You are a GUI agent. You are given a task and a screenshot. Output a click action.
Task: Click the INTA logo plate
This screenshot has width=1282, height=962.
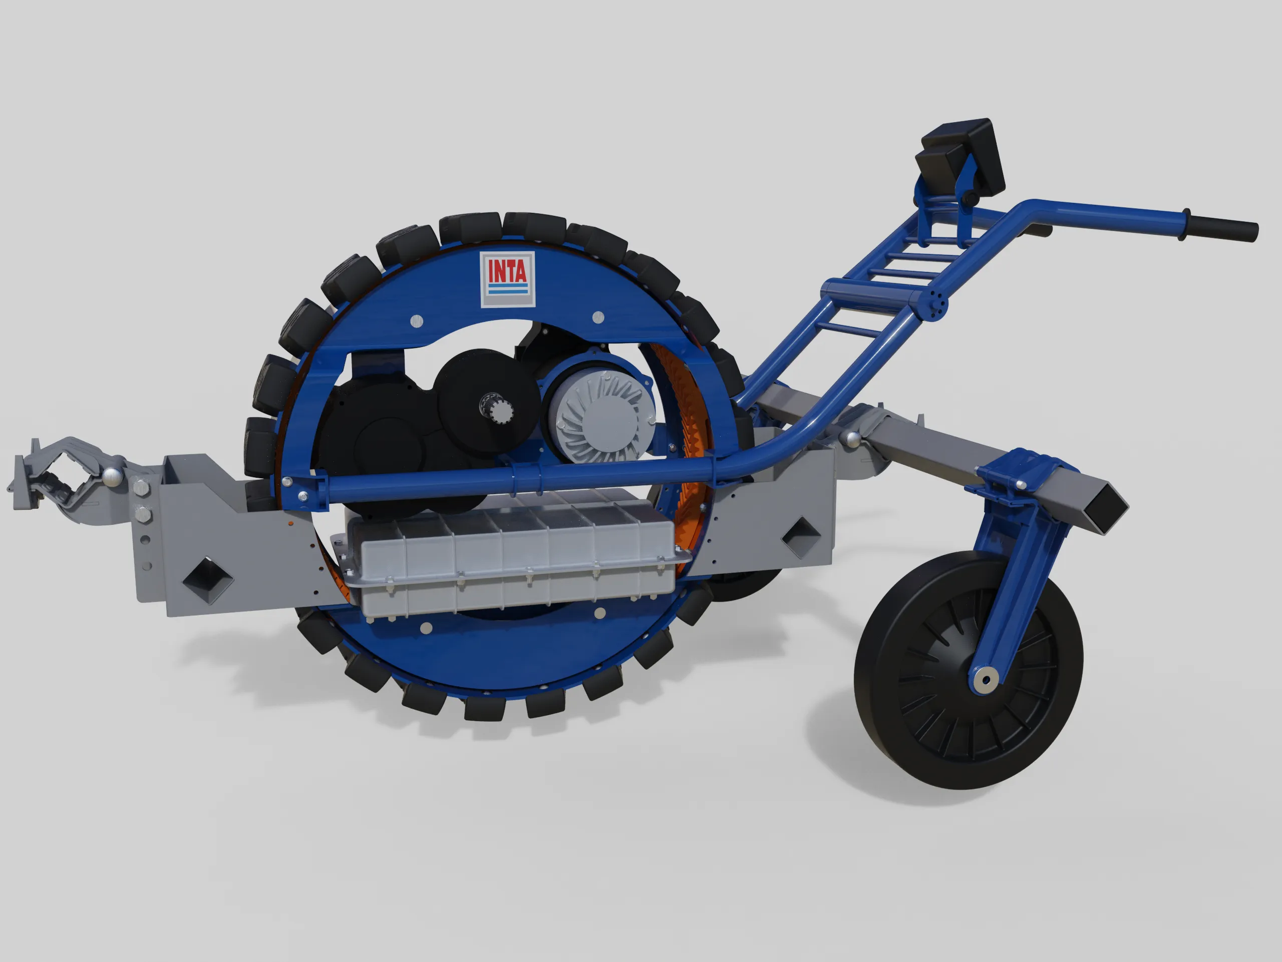pos(507,280)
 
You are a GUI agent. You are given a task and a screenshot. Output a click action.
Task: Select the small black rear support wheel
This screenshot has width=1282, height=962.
pos(969,670)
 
